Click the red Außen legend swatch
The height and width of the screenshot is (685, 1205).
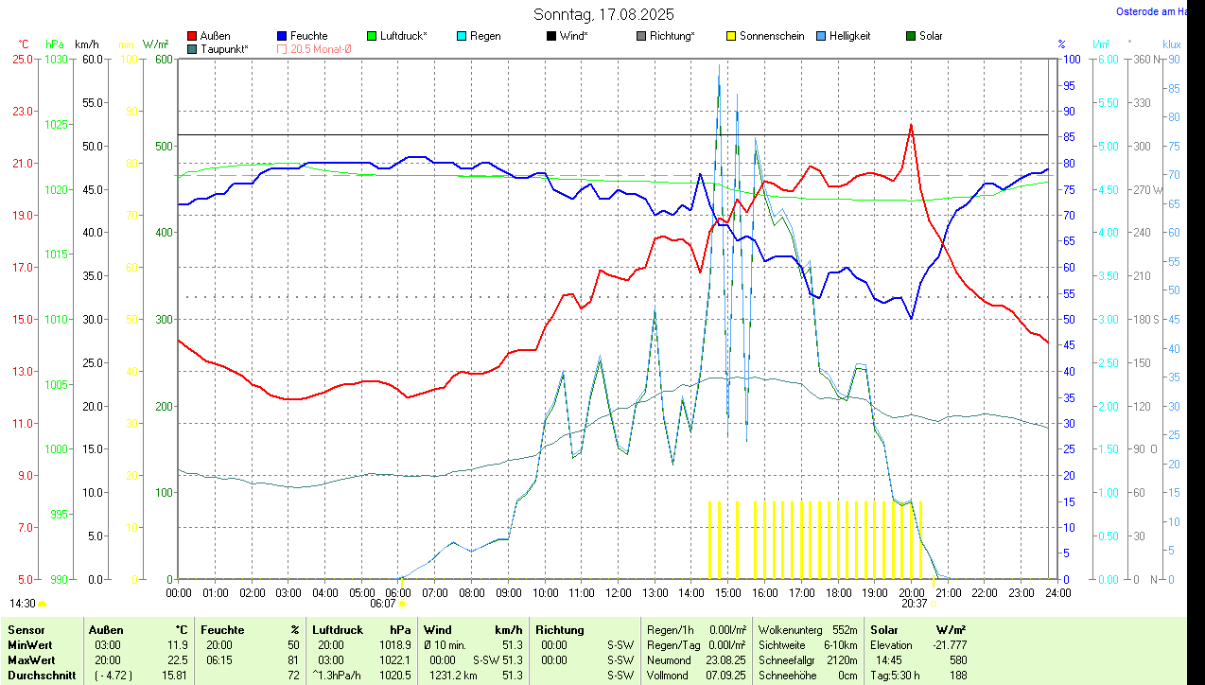click(x=192, y=36)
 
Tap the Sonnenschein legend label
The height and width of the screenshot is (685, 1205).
click(x=772, y=36)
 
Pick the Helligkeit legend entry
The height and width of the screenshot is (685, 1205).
click(x=849, y=36)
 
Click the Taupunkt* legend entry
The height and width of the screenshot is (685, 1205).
click(x=224, y=49)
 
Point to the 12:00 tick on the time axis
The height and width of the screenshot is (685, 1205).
click(x=618, y=593)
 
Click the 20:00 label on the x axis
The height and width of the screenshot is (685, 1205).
click(x=911, y=593)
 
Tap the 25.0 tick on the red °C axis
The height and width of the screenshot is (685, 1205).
click(x=22, y=59)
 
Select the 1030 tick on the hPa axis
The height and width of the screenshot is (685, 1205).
click(x=57, y=59)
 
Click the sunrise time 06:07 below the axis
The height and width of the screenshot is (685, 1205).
click(x=382, y=603)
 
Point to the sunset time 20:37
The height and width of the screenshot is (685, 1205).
click(x=914, y=603)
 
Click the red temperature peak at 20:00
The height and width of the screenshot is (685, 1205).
click(x=911, y=125)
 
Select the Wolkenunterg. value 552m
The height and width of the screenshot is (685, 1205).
click(x=845, y=630)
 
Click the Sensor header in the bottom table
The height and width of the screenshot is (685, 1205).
click(x=26, y=630)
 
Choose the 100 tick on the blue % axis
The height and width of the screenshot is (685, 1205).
click(x=1072, y=59)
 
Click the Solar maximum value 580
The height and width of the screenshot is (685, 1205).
click(x=957, y=659)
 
